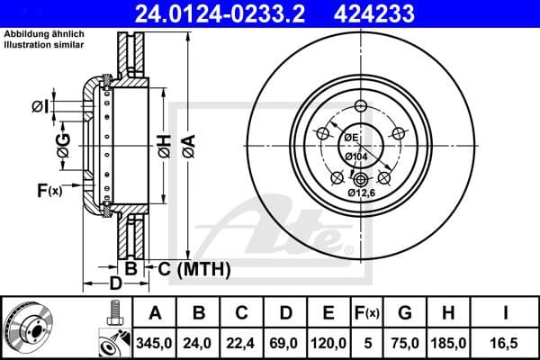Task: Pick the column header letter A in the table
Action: pyautogui.click(x=156, y=313)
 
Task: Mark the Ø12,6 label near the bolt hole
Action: pyautogui.click(x=362, y=192)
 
